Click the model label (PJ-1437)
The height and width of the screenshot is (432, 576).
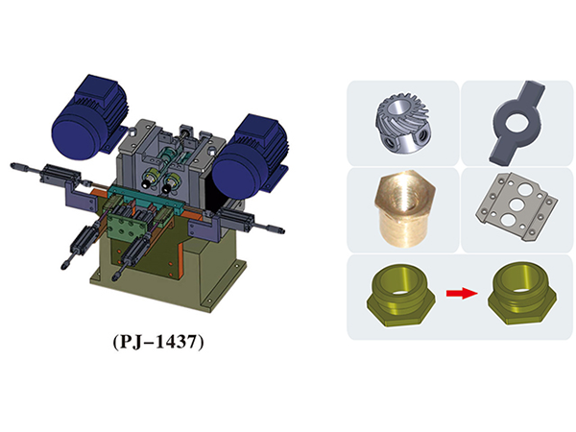158,342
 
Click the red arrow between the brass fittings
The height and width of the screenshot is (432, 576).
462,293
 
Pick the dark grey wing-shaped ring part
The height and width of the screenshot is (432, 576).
516,122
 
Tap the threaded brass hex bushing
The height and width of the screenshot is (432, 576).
404,208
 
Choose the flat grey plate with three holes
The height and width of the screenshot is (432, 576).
516,208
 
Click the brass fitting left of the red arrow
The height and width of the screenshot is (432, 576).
400,295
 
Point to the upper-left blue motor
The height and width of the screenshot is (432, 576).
88,117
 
